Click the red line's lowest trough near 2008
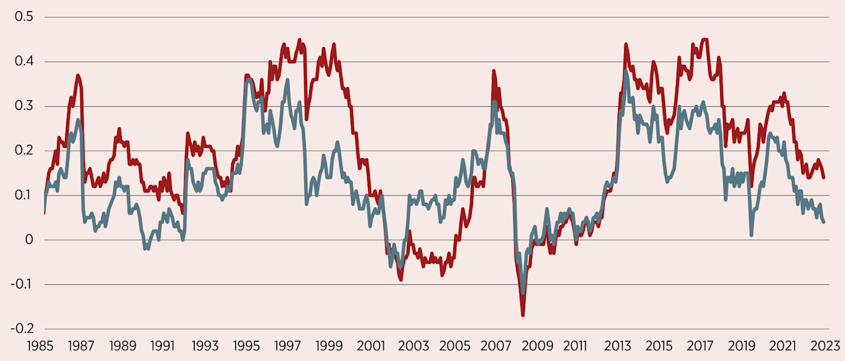click(x=523, y=315)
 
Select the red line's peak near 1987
click(x=78, y=75)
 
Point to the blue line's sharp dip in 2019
click(x=751, y=235)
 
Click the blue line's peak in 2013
click(x=626, y=71)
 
